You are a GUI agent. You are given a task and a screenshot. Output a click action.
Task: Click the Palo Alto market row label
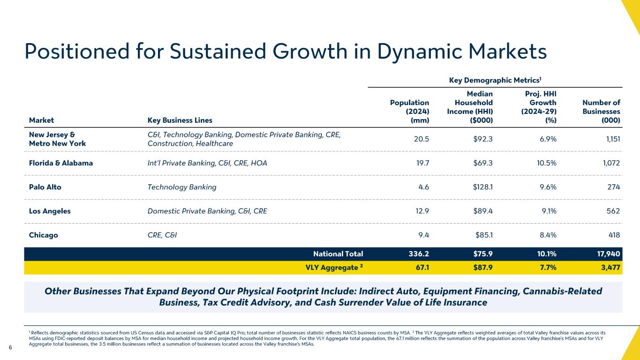(x=45, y=187)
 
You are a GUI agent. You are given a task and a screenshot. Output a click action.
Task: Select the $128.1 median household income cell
(x=479, y=187)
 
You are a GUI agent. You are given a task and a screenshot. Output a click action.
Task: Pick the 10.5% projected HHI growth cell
(x=544, y=163)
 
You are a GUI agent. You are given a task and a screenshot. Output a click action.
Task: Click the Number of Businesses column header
(x=601, y=112)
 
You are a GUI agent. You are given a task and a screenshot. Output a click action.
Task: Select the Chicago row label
(x=44, y=235)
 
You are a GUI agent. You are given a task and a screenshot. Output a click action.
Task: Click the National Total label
(x=338, y=254)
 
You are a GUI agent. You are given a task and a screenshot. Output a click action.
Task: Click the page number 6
(x=10, y=347)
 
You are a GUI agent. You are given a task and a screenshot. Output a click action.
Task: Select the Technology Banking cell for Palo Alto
(x=182, y=187)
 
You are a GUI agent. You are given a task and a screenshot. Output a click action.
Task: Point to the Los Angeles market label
(x=50, y=211)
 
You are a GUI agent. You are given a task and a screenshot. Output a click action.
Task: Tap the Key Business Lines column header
(x=180, y=120)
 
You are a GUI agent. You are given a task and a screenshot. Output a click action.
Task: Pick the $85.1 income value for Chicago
(x=481, y=235)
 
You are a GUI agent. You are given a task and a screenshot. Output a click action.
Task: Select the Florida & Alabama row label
(x=60, y=163)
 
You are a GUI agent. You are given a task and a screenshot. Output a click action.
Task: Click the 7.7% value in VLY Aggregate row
(x=546, y=268)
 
